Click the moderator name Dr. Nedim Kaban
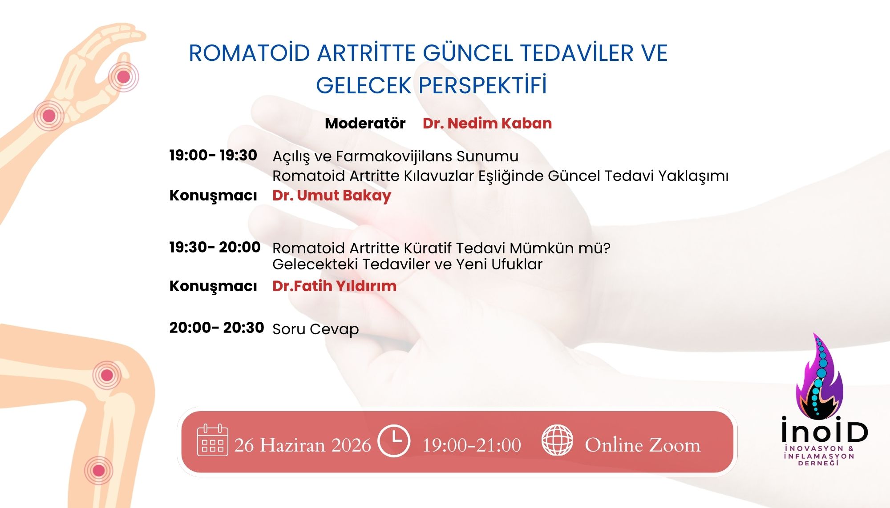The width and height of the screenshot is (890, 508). click(487, 123)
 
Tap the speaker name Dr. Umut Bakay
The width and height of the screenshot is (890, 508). click(332, 196)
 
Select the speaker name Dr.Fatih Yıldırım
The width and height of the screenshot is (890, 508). click(334, 286)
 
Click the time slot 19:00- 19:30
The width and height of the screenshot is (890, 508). click(213, 155)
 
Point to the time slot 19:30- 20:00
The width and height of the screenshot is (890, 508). click(215, 247)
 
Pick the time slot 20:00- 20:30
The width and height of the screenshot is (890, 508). click(217, 328)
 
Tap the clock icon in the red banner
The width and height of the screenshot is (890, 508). click(393, 441)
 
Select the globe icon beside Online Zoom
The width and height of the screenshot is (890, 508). click(557, 440)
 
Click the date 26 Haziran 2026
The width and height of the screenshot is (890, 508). click(303, 445)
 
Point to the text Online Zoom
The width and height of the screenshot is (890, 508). click(643, 445)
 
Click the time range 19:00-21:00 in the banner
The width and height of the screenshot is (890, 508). click(472, 445)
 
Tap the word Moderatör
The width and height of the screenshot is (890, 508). click(365, 123)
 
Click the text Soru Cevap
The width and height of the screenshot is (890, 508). click(316, 329)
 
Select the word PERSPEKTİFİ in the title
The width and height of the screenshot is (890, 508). click(482, 85)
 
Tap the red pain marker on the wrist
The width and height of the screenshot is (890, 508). click(49, 116)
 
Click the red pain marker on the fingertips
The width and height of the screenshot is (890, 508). click(123, 77)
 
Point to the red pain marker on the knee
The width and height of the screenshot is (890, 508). click(107, 375)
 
